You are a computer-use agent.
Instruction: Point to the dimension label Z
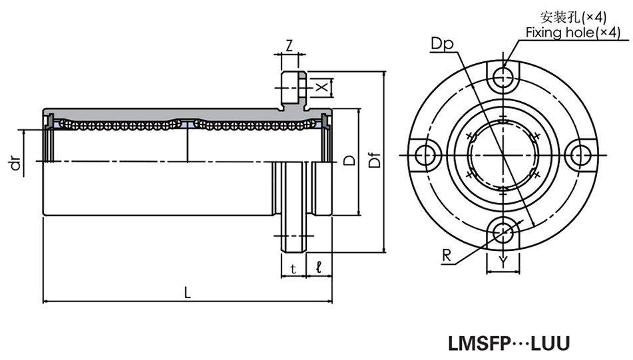coord(290,46)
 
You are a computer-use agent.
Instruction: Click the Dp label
coord(441,45)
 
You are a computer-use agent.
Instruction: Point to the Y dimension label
coord(504,262)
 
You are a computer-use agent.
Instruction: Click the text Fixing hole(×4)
coord(572,32)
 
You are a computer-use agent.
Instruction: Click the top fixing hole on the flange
coord(504,77)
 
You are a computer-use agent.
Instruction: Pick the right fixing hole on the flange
coord(582,155)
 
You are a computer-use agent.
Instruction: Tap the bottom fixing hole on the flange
coord(504,232)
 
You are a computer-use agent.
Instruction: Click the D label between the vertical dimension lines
coord(347,161)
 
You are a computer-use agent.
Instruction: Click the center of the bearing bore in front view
coord(504,155)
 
